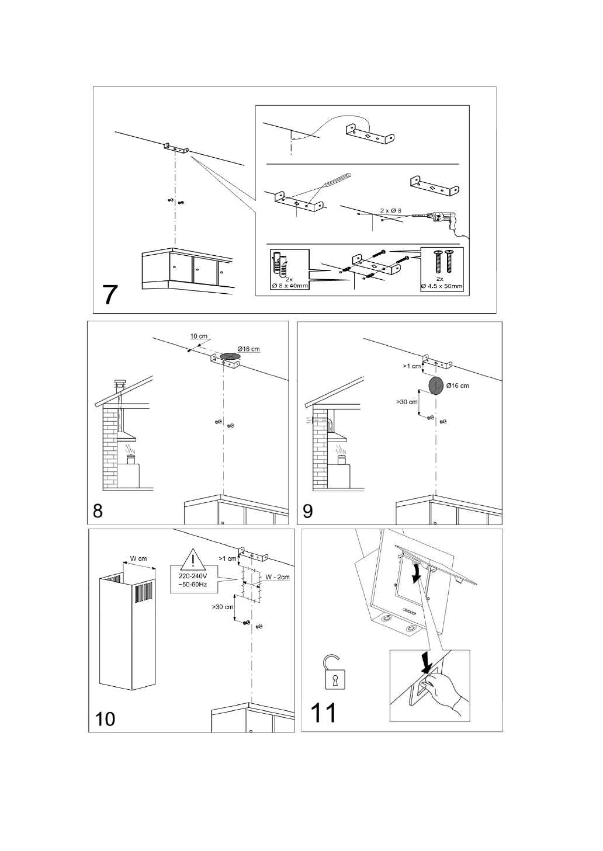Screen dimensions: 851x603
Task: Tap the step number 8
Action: coord(98,511)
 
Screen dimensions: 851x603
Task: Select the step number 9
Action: coord(308,511)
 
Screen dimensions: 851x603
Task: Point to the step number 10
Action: coord(106,718)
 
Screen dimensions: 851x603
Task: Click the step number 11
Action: coord(323,713)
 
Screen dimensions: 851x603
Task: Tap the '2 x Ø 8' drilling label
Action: coord(391,210)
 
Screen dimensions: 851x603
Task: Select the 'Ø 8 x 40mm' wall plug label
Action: coord(290,286)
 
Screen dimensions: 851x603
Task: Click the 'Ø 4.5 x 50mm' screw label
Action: coord(442,286)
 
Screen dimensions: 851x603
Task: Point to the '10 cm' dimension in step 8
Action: coord(199,337)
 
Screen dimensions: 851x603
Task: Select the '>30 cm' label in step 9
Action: coord(407,402)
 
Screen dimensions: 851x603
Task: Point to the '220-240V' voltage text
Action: coord(192,576)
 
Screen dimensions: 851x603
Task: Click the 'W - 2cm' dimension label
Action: coord(278,577)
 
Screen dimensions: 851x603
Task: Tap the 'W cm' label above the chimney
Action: coord(138,558)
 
